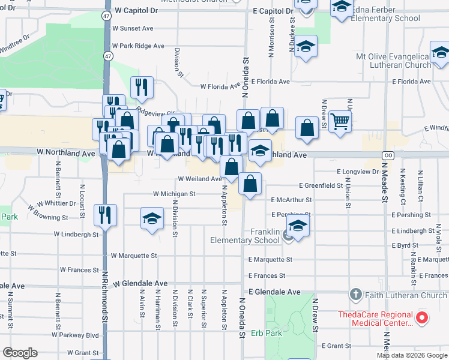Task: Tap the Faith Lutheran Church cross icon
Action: click(x=355, y=295)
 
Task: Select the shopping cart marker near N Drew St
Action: click(x=340, y=122)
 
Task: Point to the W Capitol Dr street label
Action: click(x=139, y=11)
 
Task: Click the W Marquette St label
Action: click(x=134, y=256)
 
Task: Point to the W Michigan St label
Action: click(x=174, y=194)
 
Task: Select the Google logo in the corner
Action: click(x=20, y=353)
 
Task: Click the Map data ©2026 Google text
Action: click(x=412, y=355)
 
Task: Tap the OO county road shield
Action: click(x=388, y=155)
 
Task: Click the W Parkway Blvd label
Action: click(x=76, y=335)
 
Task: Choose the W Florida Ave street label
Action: click(x=220, y=86)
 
